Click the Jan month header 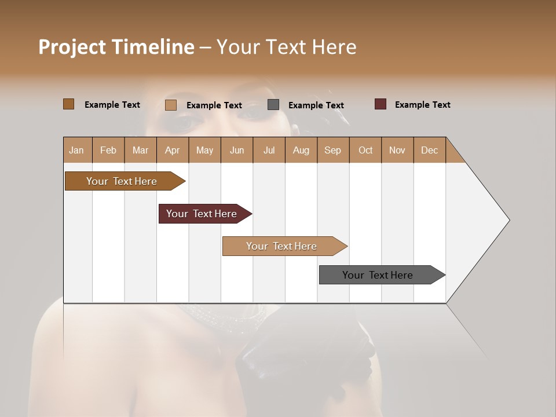[76, 150]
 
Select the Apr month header [172, 150]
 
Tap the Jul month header [269, 150]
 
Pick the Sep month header [332, 150]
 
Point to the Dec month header [429, 150]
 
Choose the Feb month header [108, 150]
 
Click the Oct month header [365, 150]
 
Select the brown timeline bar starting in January [122, 181]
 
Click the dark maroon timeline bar [202, 214]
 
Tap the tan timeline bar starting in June [281, 246]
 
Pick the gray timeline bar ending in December [378, 275]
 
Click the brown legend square [68, 104]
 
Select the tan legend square [170, 105]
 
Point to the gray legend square [273, 105]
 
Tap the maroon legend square [381, 104]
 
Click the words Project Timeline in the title [116, 47]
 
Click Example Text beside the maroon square [422, 105]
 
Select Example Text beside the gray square [316, 105]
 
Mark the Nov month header [397, 150]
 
